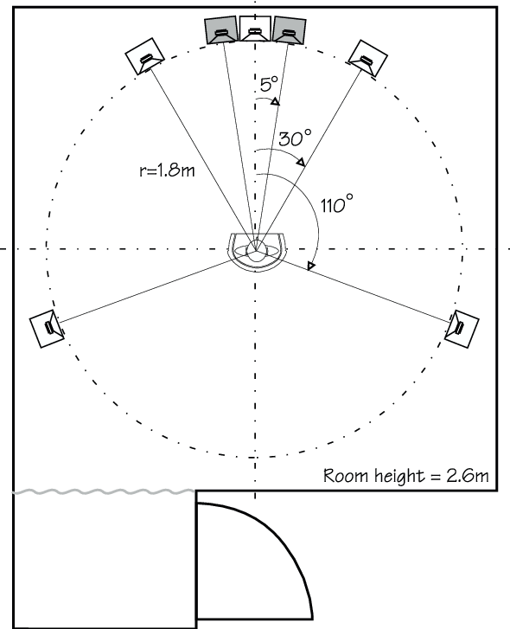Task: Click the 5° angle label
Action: click(x=269, y=84)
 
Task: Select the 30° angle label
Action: click(x=295, y=138)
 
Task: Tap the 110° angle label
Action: click(x=337, y=203)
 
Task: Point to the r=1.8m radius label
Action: click(x=167, y=170)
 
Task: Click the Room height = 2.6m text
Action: click(x=405, y=476)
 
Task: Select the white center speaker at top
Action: click(x=255, y=29)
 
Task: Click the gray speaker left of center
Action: click(x=220, y=30)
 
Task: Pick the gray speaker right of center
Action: click(x=290, y=30)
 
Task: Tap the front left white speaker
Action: click(x=144, y=56)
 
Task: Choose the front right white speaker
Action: click(x=367, y=59)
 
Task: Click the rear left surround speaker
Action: click(x=47, y=329)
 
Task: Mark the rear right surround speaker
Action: click(x=462, y=329)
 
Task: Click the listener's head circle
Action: click(x=256, y=250)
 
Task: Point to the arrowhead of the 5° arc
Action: click(x=275, y=102)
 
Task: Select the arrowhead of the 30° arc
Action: click(x=301, y=162)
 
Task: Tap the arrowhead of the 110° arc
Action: click(x=311, y=266)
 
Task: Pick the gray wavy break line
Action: click(x=105, y=491)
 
